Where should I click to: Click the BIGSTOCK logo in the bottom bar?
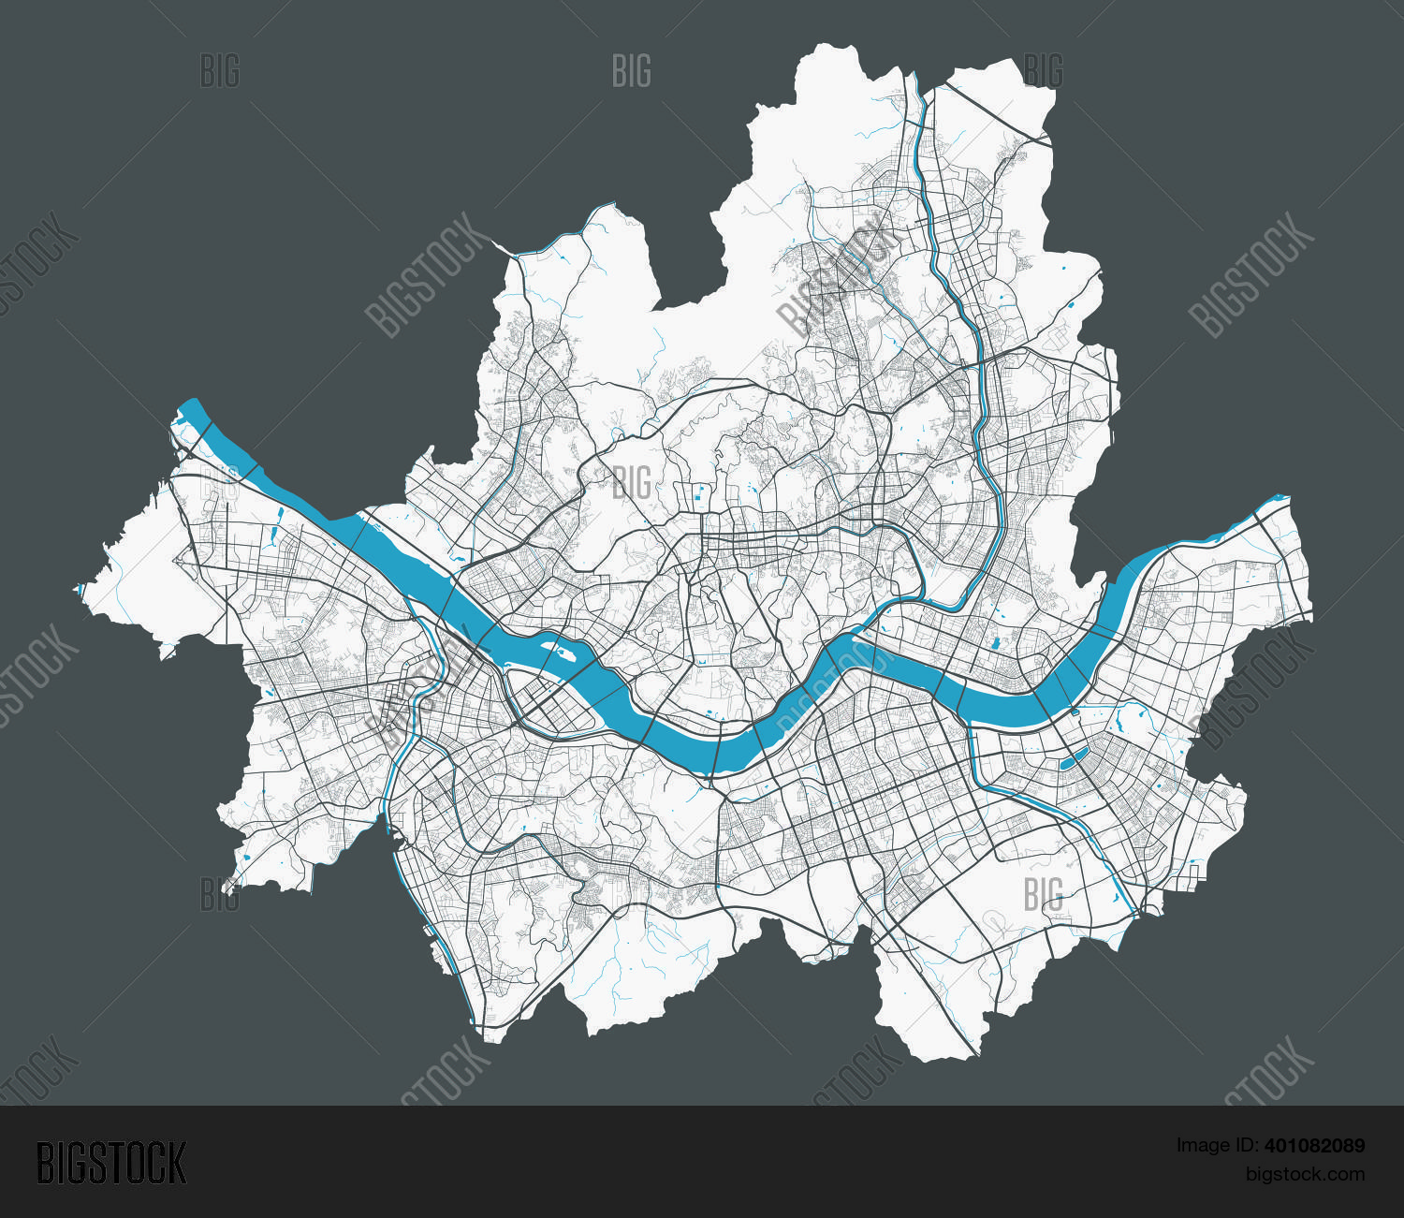(110, 1163)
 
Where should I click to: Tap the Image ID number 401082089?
(1314, 1145)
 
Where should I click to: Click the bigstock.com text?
(1304, 1174)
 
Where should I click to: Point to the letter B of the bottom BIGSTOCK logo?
(45, 1163)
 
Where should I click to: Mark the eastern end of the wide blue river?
(1279, 502)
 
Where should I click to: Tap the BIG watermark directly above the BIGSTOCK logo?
(219, 895)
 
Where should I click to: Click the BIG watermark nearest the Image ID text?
(1042, 895)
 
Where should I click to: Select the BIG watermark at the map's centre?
(631, 483)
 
